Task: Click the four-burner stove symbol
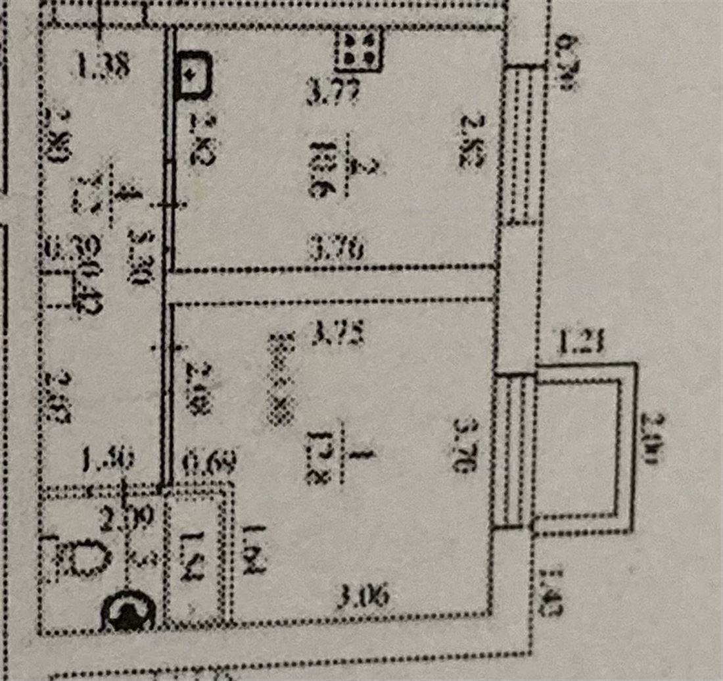[358, 51]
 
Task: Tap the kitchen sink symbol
[195, 74]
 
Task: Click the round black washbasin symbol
[128, 613]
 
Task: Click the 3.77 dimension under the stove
[333, 95]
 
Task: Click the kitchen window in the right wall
[525, 145]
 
